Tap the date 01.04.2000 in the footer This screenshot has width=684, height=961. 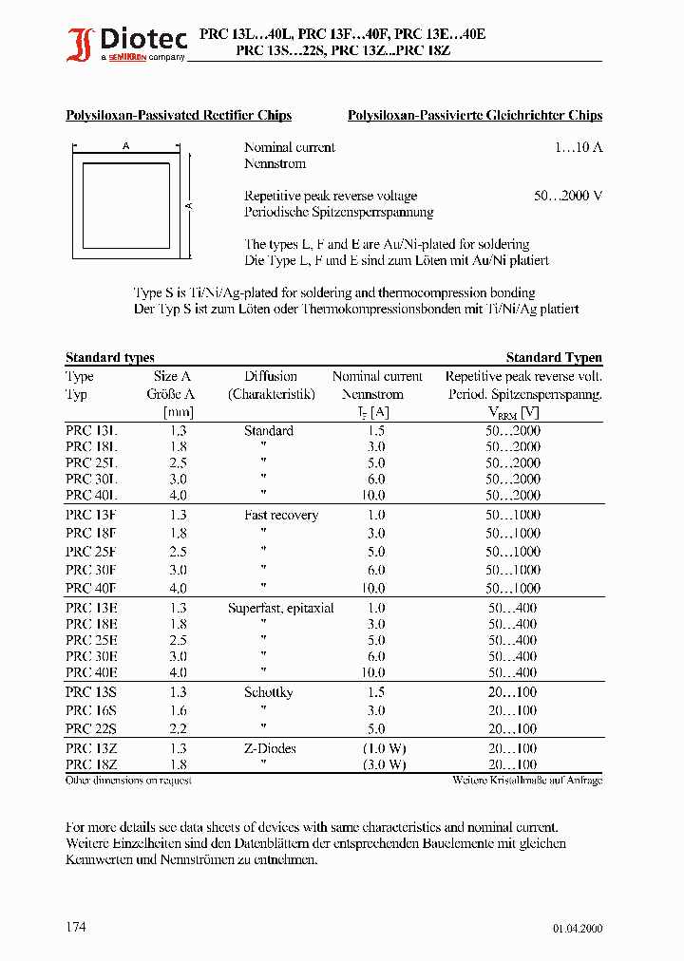(577, 929)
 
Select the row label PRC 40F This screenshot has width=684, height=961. (91, 589)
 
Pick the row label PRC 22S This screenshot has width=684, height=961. (91, 729)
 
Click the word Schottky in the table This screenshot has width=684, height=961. (269, 693)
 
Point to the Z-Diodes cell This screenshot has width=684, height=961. (270, 749)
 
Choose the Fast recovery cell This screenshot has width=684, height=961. (281, 516)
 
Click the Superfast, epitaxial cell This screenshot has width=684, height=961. (281, 609)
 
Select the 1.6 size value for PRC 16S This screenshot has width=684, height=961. (178, 711)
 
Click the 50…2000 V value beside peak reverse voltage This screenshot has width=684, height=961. (568, 196)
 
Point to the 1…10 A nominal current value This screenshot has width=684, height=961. (579, 147)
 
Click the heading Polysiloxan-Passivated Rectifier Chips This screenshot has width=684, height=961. (179, 116)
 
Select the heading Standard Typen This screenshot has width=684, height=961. (554, 358)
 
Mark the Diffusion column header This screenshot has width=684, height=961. (271, 377)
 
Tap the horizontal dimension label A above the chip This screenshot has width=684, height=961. (125, 146)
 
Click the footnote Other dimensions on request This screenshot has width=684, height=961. (128, 781)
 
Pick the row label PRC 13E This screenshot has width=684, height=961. (91, 609)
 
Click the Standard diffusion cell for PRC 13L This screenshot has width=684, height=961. (269, 431)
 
